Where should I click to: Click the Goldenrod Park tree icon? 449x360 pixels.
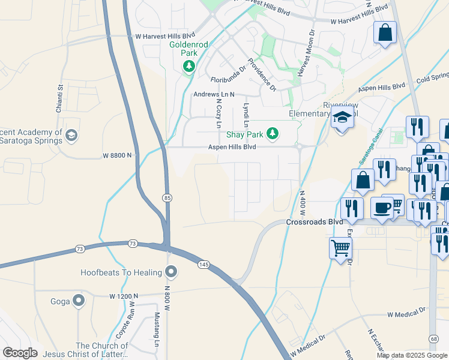[189, 65]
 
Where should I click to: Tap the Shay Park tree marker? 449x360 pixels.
[273, 133]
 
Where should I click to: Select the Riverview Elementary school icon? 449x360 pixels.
[343, 118]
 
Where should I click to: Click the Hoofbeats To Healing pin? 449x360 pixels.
[171, 272]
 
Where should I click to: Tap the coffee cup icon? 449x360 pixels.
[382, 208]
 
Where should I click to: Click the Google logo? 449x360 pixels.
[20, 352]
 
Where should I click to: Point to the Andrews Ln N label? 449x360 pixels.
[213, 95]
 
